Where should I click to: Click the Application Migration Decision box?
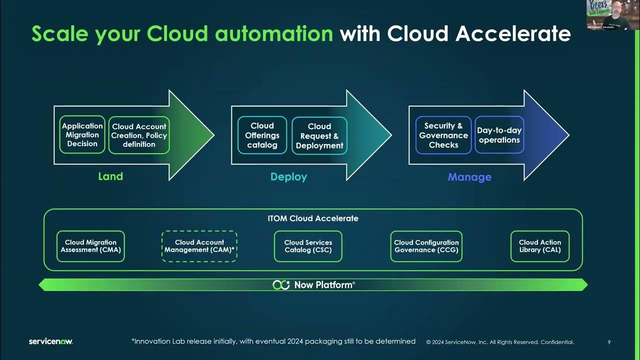[x=82, y=134]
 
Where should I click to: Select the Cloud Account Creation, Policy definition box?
[x=139, y=135]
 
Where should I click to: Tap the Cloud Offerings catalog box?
[x=262, y=135]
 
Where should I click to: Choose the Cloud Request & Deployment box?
[x=319, y=136]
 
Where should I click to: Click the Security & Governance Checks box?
[x=443, y=135]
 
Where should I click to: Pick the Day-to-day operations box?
[x=499, y=135]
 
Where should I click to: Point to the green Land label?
[x=110, y=176]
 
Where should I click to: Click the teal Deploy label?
[x=288, y=177]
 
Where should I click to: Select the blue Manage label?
[x=469, y=177]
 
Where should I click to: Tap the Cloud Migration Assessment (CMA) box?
[x=90, y=246]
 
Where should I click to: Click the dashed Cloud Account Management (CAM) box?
[x=199, y=246]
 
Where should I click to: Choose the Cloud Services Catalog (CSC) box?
[x=308, y=246]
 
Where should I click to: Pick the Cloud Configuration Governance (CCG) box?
[x=426, y=246]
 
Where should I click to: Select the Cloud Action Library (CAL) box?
[x=539, y=246]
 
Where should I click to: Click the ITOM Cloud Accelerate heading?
[x=313, y=218]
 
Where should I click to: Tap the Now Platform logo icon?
[x=281, y=285]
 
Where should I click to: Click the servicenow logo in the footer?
[x=50, y=341]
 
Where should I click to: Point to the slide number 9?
[x=609, y=342]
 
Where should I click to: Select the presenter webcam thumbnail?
[x=612, y=15]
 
